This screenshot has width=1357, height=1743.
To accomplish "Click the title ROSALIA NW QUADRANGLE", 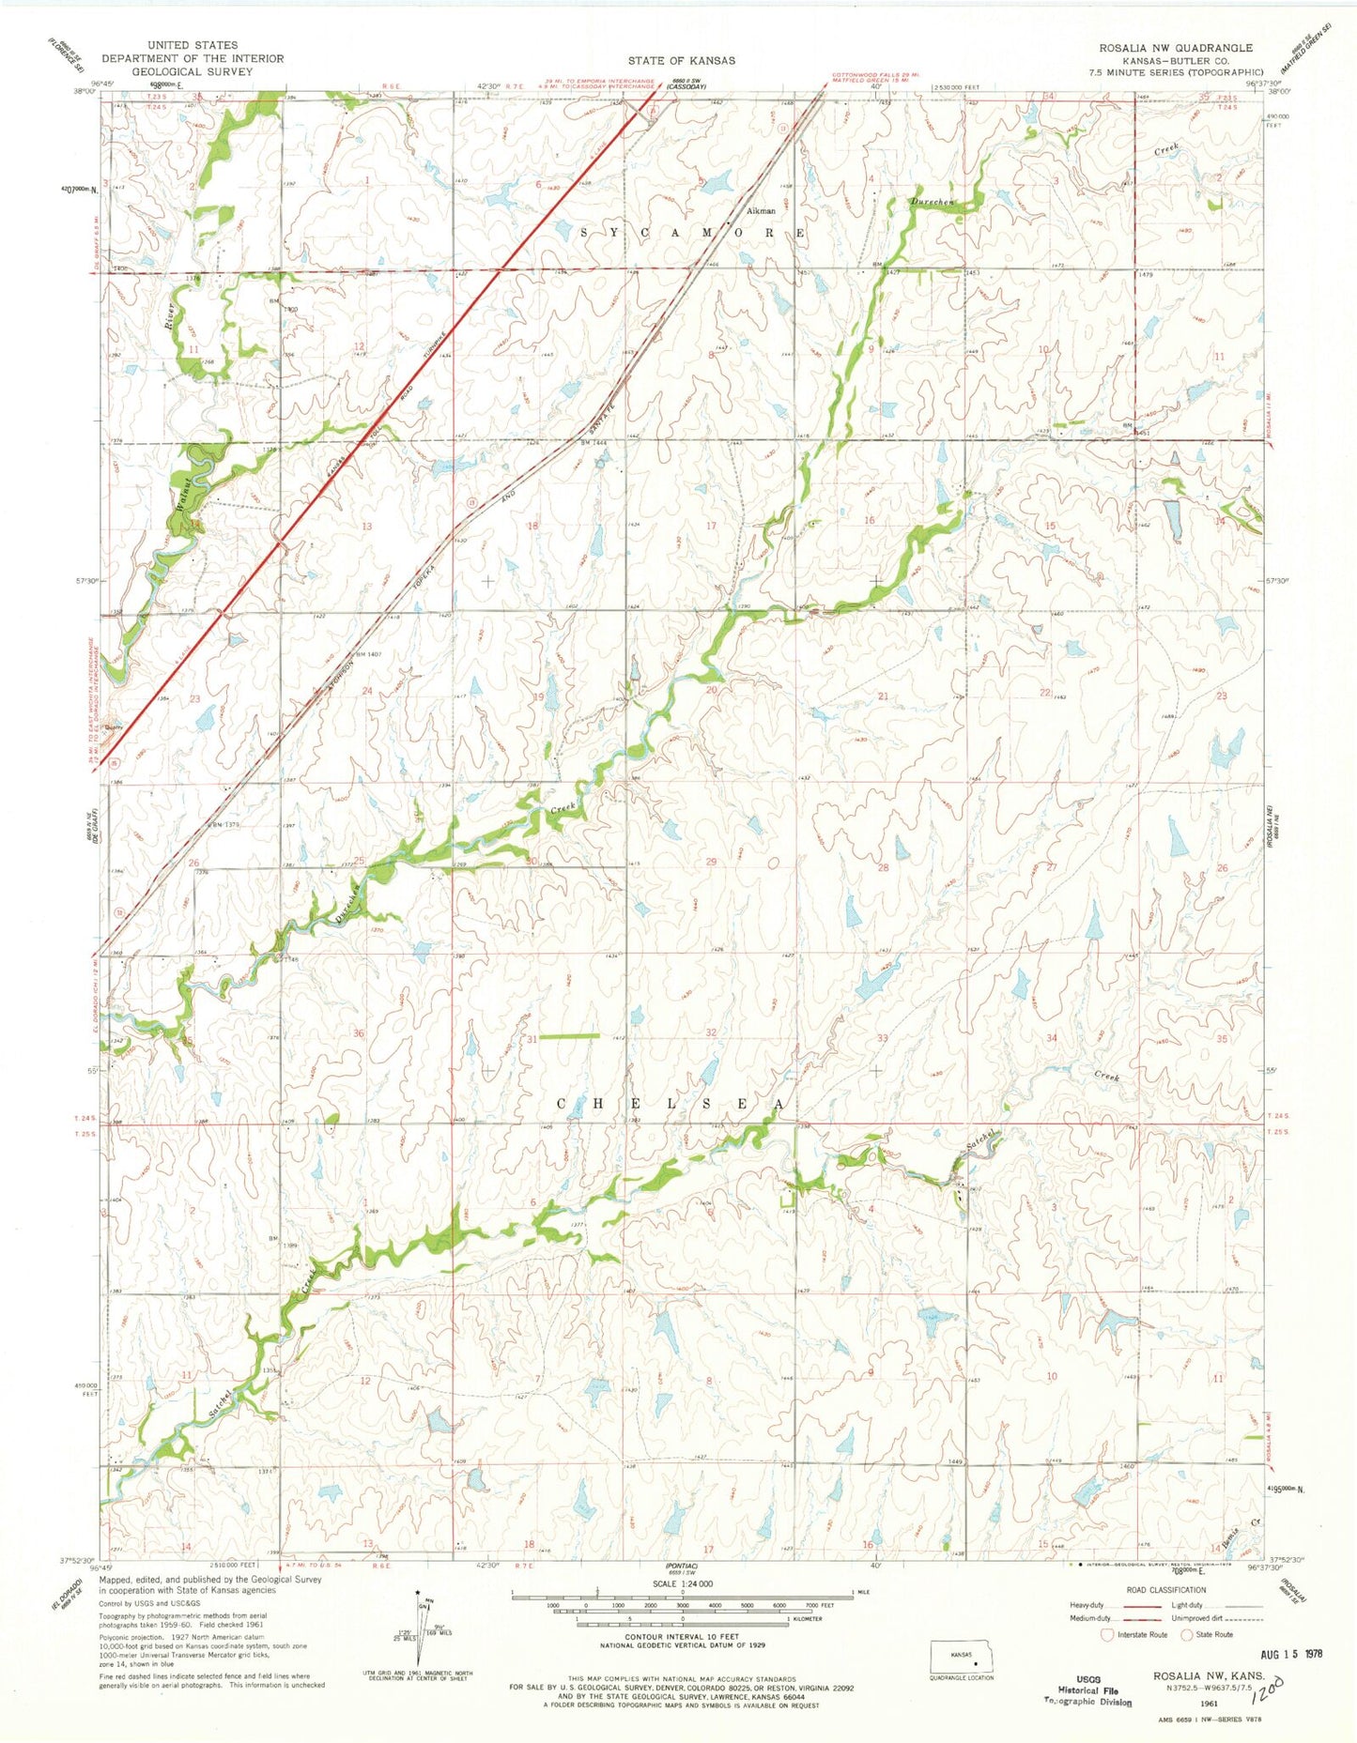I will pyautogui.click(x=1180, y=47).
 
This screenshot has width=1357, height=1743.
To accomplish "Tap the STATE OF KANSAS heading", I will pyautogui.click(x=682, y=60).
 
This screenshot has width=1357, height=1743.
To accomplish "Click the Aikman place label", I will pyautogui.click(x=761, y=211).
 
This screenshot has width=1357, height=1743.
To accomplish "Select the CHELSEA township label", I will pyautogui.click(x=671, y=1105).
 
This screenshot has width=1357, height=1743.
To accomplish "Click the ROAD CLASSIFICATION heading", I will pyautogui.click(x=1165, y=1590).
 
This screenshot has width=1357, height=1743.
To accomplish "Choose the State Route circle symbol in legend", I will pyautogui.click(x=1187, y=1634).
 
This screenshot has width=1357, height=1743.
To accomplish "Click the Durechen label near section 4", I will pyautogui.click(x=932, y=202).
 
